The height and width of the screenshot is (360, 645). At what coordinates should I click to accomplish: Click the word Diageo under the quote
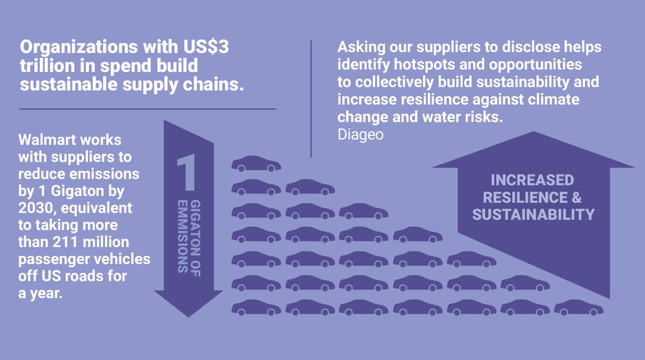click(360, 134)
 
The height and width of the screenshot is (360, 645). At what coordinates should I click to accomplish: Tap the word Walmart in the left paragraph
click(45, 141)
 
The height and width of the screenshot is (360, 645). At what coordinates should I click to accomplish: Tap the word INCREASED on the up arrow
click(532, 180)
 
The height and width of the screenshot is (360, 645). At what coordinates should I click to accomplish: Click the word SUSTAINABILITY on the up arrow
click(533, 214)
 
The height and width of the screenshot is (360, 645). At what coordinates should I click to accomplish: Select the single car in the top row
click(256, 164)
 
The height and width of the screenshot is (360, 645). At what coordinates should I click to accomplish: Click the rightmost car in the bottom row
click(578, 308)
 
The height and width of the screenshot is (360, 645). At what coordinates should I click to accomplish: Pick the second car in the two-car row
click(310, 188)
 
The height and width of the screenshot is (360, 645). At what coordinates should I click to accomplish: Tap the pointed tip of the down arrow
click(188, 315)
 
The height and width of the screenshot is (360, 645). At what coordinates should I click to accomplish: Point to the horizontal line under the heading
click(147, 109)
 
